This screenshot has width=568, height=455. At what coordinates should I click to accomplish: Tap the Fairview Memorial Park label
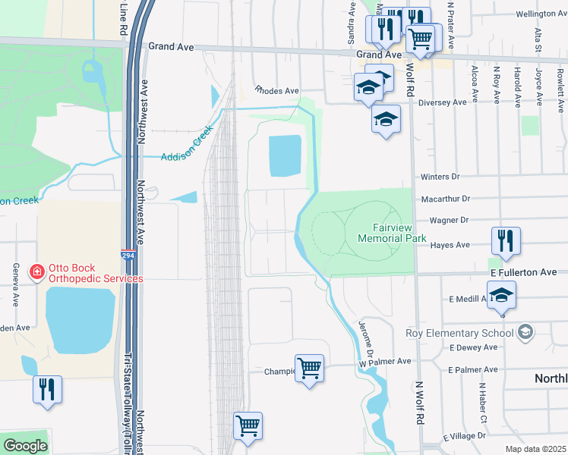point(399,232)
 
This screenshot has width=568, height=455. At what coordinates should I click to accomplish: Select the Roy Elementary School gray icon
point(524,332)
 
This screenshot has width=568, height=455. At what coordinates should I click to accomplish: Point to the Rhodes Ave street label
point(277,90)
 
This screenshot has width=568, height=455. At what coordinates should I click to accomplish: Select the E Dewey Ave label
point(474,347)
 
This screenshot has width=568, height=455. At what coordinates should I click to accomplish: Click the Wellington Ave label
point(536,14)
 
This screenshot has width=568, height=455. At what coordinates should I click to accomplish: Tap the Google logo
point(25,446)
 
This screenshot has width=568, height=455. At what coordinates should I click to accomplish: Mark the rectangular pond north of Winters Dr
point(285,155)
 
